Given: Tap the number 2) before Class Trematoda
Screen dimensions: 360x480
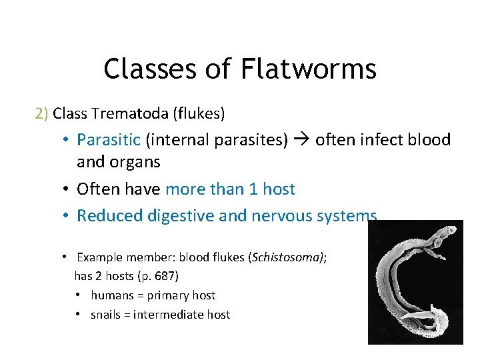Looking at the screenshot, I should [41, 113].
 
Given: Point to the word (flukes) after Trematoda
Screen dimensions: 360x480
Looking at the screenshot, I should [199, 113].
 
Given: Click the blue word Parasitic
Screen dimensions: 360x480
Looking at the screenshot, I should [109, 139].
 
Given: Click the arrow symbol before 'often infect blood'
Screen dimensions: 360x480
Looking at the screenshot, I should [301, 139].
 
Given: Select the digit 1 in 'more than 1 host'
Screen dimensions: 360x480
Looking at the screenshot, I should [253, 189].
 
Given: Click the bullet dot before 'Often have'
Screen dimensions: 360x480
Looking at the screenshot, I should [67, 189].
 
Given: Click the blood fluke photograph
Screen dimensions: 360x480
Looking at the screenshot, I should [415, 282].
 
